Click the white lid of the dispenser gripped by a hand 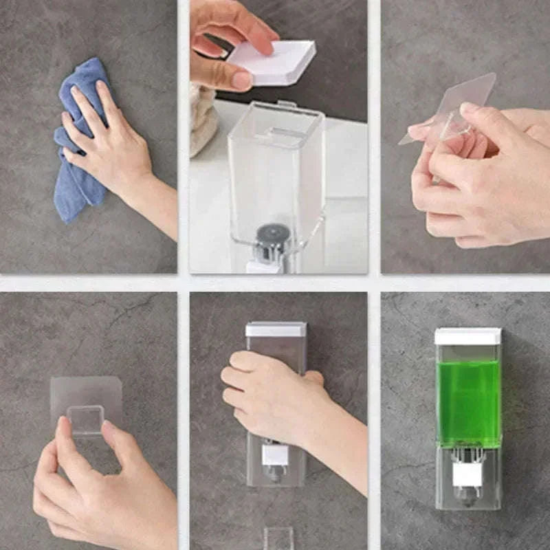point(276,329)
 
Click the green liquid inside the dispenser point(467,402)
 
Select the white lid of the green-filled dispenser point(467,336)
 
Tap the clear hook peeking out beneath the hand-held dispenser point(278,538)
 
